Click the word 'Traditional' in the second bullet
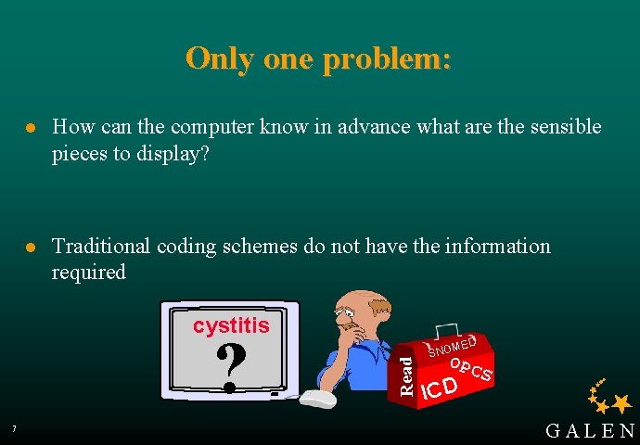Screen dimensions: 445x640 coord(101,247)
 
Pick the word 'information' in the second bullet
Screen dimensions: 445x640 coord(498,247)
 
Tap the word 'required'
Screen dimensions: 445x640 coord(89,273)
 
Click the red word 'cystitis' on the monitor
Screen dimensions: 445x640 coord(231,325)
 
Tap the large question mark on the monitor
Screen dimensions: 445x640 coord(230,366)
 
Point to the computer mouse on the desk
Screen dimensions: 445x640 coord(318,399)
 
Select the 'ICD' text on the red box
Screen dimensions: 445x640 coord(438,388)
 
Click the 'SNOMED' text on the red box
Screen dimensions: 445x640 coord(453,346)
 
